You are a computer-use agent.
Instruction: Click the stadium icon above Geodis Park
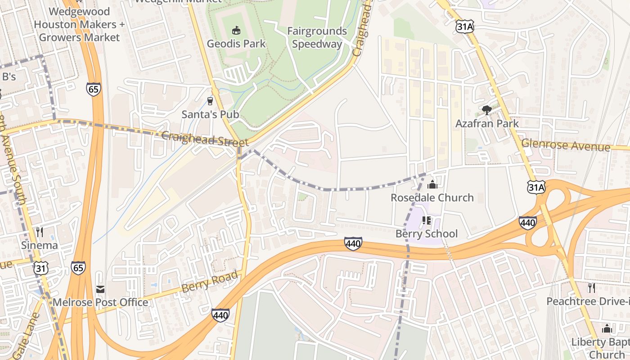236,31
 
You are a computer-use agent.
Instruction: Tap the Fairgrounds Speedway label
317,37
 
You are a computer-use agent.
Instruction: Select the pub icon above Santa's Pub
210,101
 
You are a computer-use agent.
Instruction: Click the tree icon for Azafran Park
486,110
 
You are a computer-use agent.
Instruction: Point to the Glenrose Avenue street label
566,145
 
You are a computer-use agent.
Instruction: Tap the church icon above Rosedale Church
432,184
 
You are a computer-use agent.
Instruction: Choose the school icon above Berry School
427,220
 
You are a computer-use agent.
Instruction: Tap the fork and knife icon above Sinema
40,232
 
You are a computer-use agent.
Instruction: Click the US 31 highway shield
40,268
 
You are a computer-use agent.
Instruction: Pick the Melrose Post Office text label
100,302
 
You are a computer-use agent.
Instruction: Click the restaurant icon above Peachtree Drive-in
591,288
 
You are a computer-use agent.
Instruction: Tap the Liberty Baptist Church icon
607,328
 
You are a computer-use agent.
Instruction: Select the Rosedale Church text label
432,198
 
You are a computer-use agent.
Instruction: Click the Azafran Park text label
487,123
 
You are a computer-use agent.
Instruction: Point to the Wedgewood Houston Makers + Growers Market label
79,24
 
